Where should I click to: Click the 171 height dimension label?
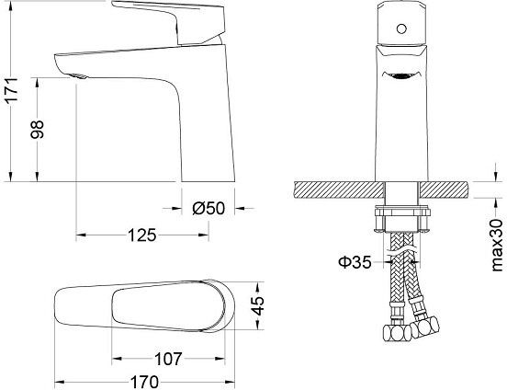pyautogui.click(x=12, y=89)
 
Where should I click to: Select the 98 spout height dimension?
pyautogui.click(x=37, y=130)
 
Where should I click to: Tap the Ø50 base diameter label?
pyautogui.click(x=208, y=208)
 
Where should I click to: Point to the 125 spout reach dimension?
pyautogui.click(x=142, y=235)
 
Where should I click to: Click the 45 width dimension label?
pyautogui.click(x=258, y=306)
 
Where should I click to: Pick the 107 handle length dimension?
pyautogui.click(x=168, y=359)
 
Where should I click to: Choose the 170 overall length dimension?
pyautogui.click(x=144, y=382)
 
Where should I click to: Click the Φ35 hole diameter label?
pyautogui.click(x=355, y=262)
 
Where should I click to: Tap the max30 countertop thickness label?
pyautogui.click(x=497, y=246)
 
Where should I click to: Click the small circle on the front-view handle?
pyautogui.click(x=401, y=29)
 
